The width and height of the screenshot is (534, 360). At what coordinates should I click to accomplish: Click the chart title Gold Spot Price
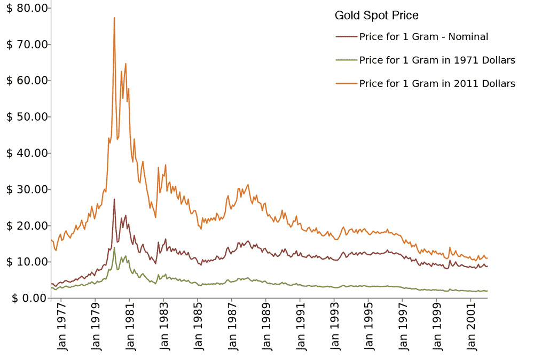pos(376,15)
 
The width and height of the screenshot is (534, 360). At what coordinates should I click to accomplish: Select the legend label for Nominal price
pos(423,37)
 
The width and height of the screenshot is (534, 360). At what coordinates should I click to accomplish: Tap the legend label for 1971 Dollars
pos(437,60)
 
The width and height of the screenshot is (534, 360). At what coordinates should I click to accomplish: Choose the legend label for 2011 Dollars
pos(437,84)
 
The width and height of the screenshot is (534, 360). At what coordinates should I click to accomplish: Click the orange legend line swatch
pos(346,84)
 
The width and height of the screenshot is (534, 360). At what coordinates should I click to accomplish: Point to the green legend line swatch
pos(346,60)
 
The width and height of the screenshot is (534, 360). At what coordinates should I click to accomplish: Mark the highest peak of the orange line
pos(114,18)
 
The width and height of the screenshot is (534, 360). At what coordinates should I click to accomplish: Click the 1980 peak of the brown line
pos(114,199)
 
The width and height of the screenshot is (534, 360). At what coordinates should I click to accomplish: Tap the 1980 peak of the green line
pos(114,248)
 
